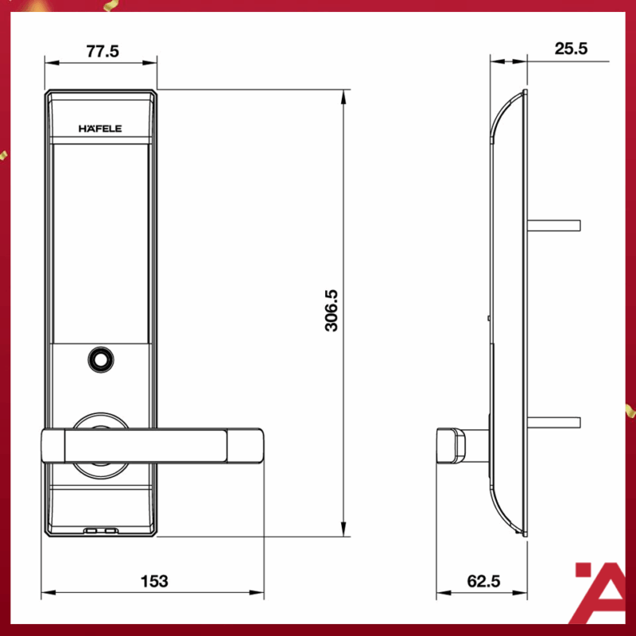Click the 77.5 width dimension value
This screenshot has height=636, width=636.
coord(101,52)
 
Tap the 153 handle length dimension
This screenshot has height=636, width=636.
coord(154,581)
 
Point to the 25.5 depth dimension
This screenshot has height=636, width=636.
coord(570,48)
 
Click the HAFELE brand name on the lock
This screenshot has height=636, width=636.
coord(100,127)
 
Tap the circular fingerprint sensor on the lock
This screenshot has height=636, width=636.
coord(100,359)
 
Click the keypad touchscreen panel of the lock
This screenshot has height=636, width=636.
coord(100,238)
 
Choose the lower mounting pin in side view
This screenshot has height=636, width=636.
coord(556,420)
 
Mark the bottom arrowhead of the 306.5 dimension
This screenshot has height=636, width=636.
coord(343,530)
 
